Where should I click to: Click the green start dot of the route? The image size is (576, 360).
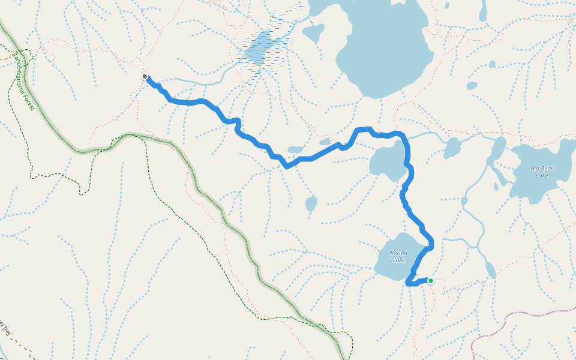pyautogui.click(x=430, y=280)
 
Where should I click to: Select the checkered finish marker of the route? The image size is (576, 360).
pyautogui.click(x=145, y=77)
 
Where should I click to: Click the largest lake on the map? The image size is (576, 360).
pyautogui.click(x=384, y=48)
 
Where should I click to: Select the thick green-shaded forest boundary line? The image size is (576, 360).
pyautogui.click(x=198, y=186)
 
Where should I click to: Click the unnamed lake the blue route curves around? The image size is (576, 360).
pyautogui.click(x=387, y=162)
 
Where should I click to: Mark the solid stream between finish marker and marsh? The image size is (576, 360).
pyautogui.click(x=198, y=81)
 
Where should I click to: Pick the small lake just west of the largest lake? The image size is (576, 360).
pyautogui.click(x=313, y=32)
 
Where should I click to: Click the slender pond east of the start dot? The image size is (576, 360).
pyautogui.click(x=490, y=270)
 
